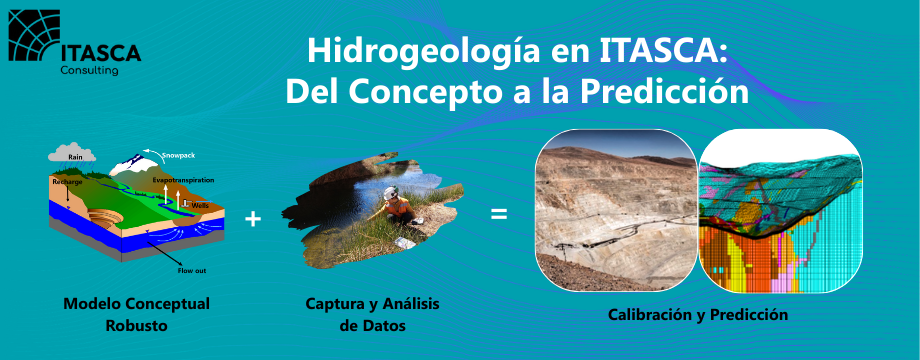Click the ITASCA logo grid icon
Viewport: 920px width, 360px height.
[34, 36]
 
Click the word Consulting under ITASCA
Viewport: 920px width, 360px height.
[90, 70]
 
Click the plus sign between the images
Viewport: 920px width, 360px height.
[253, 219]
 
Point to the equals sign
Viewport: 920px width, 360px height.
[499, 215]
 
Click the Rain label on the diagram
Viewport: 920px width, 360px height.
[75, 157]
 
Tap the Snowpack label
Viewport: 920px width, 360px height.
[178, 155]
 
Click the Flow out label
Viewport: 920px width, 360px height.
[192, 271]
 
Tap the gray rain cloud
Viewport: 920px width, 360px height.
[72, 152]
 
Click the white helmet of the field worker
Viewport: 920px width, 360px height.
[391, 192]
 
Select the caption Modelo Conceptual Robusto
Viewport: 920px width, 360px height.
[137, 315]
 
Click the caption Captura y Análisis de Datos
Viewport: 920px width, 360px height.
[373, 315]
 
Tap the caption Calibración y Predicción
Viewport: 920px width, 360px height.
[698, 315]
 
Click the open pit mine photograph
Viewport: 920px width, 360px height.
[616, 210]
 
